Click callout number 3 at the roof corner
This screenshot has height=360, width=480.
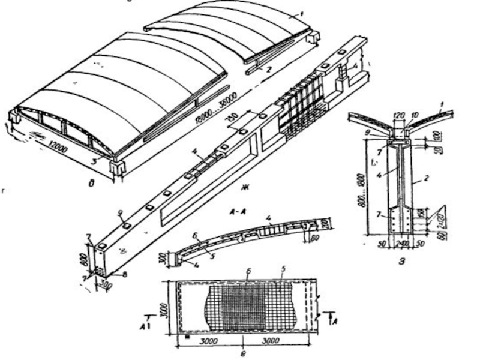pos(94,160)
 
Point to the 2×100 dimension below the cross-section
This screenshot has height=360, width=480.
pos(403,245)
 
